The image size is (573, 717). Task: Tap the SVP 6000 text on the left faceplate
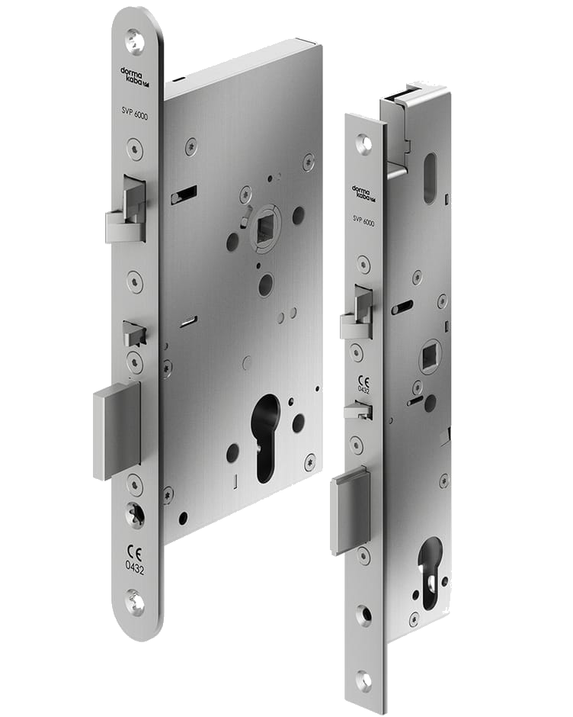tap(135, 114)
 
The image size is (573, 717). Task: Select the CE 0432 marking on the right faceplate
tap(363, 385)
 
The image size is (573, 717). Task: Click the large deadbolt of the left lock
tap(117, 431)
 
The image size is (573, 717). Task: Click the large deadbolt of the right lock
tap(351, 510)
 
